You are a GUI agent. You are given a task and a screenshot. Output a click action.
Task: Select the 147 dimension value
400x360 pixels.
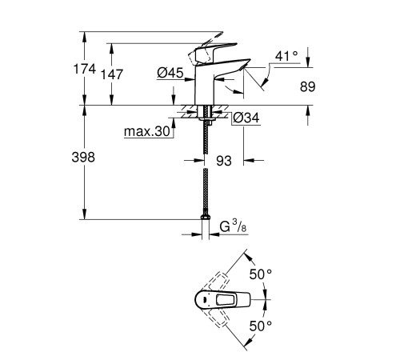tap(113, 73)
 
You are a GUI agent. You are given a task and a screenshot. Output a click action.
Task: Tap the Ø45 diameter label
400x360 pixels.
tap(171, 73)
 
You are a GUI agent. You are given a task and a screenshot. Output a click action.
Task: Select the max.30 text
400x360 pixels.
tap(149, 132)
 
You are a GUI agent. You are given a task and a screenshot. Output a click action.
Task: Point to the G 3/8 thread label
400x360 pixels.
tap(231, 226)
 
